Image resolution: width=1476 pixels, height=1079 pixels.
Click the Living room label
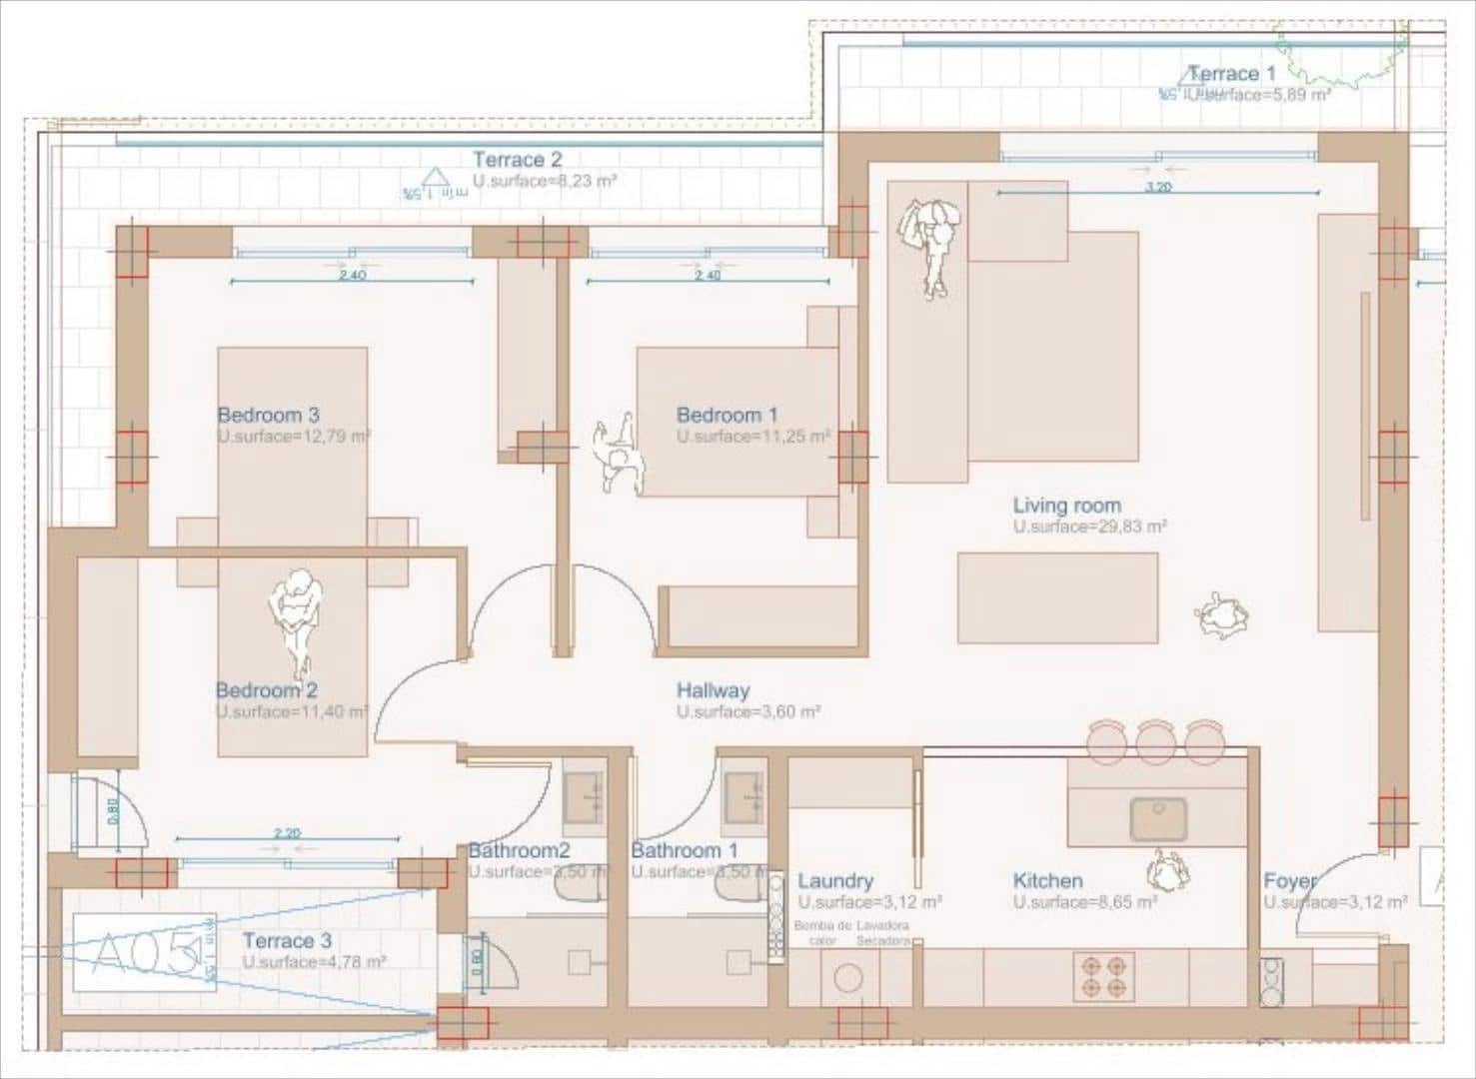coord(1066,506)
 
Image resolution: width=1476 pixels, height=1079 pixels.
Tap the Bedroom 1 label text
coord(727,415)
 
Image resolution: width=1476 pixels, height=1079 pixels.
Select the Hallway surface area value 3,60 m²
coord(748,712)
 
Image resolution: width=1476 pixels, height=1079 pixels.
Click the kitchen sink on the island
coord(1157,819)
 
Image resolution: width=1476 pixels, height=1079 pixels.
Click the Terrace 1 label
coord(1231,74)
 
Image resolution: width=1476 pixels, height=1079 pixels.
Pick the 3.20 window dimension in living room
coord(1158,187)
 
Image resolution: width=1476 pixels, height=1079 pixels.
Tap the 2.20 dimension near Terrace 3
coord(287,832)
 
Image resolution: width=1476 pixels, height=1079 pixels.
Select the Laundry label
coord(834,881)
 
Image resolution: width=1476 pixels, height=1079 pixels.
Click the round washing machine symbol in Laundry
coord(848,977)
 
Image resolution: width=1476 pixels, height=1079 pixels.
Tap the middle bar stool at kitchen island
coord(1154,741)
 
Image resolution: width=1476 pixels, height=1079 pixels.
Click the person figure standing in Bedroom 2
coord(295,619)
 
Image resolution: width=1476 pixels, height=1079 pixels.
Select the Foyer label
coord(1289,881)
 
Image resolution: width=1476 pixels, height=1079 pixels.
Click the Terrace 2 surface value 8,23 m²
coord(545,182)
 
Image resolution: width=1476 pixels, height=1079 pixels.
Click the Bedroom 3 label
coord(268,415)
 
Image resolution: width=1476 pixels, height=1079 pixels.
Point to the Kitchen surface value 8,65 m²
coord(1085,902)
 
